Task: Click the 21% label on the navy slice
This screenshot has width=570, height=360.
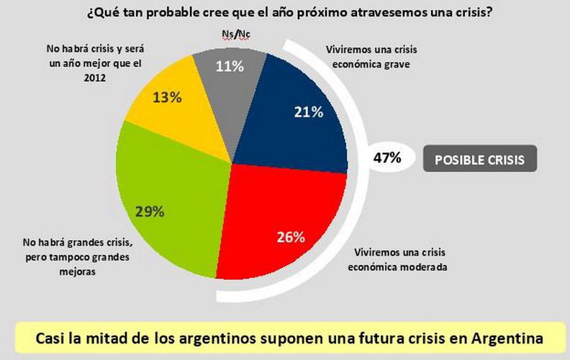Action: (x=308, y=112)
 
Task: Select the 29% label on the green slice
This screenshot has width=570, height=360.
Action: (x=150, y=212)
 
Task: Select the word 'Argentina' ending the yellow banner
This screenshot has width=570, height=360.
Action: (x=507, y=338)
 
